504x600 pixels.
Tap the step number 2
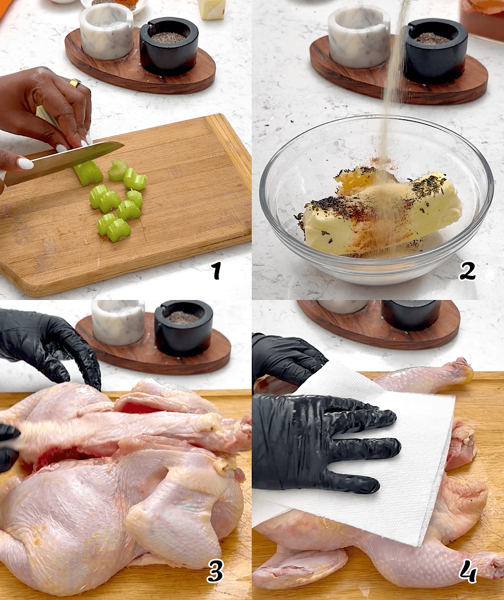pos(467,271)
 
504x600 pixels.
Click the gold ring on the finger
pos(76,83)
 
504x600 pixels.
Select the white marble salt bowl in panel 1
pos(106,34)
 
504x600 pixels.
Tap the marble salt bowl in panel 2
pos(359,36)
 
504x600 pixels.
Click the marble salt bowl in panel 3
pos(118,323)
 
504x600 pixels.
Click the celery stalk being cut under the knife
pos(88,172)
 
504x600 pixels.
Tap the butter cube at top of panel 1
pos(212,9)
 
